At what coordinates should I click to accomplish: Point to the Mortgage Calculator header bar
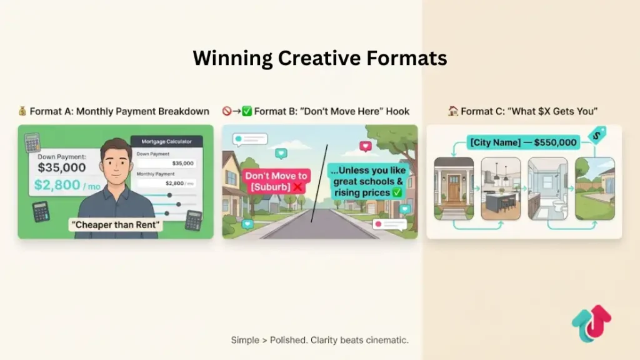click(x=166, y=142)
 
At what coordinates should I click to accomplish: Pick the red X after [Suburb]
click(x=297, y=187)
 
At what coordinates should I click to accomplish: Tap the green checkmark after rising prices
click(x=397, y=192)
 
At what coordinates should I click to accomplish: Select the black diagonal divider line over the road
click(x=319, y=184)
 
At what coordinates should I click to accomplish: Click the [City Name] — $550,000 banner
click(x=522, y=142)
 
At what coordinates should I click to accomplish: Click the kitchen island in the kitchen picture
click(x=500, y=200)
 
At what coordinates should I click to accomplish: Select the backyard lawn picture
click(x=594, y=191)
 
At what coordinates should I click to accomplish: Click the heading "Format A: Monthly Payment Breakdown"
click(x=119, y=111)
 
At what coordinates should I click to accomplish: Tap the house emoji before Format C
click(x=453, y=111)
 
